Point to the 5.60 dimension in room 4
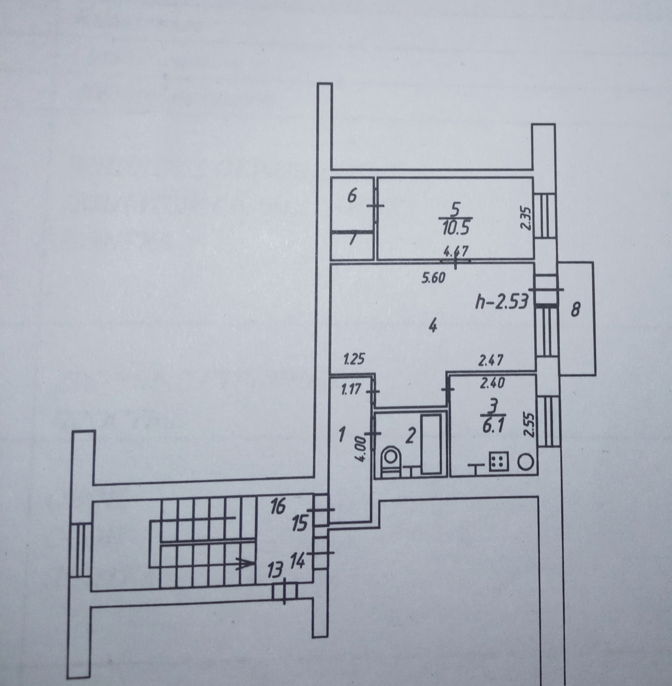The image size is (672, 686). coord(434,277)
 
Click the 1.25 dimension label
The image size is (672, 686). coord(354,360)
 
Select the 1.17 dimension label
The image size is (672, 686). coord(351,390)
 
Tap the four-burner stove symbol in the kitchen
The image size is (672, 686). coord(498,462)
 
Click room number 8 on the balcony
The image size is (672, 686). coord(576,310)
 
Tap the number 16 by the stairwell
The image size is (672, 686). coord(278,507)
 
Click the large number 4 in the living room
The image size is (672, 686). coord(433,327)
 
